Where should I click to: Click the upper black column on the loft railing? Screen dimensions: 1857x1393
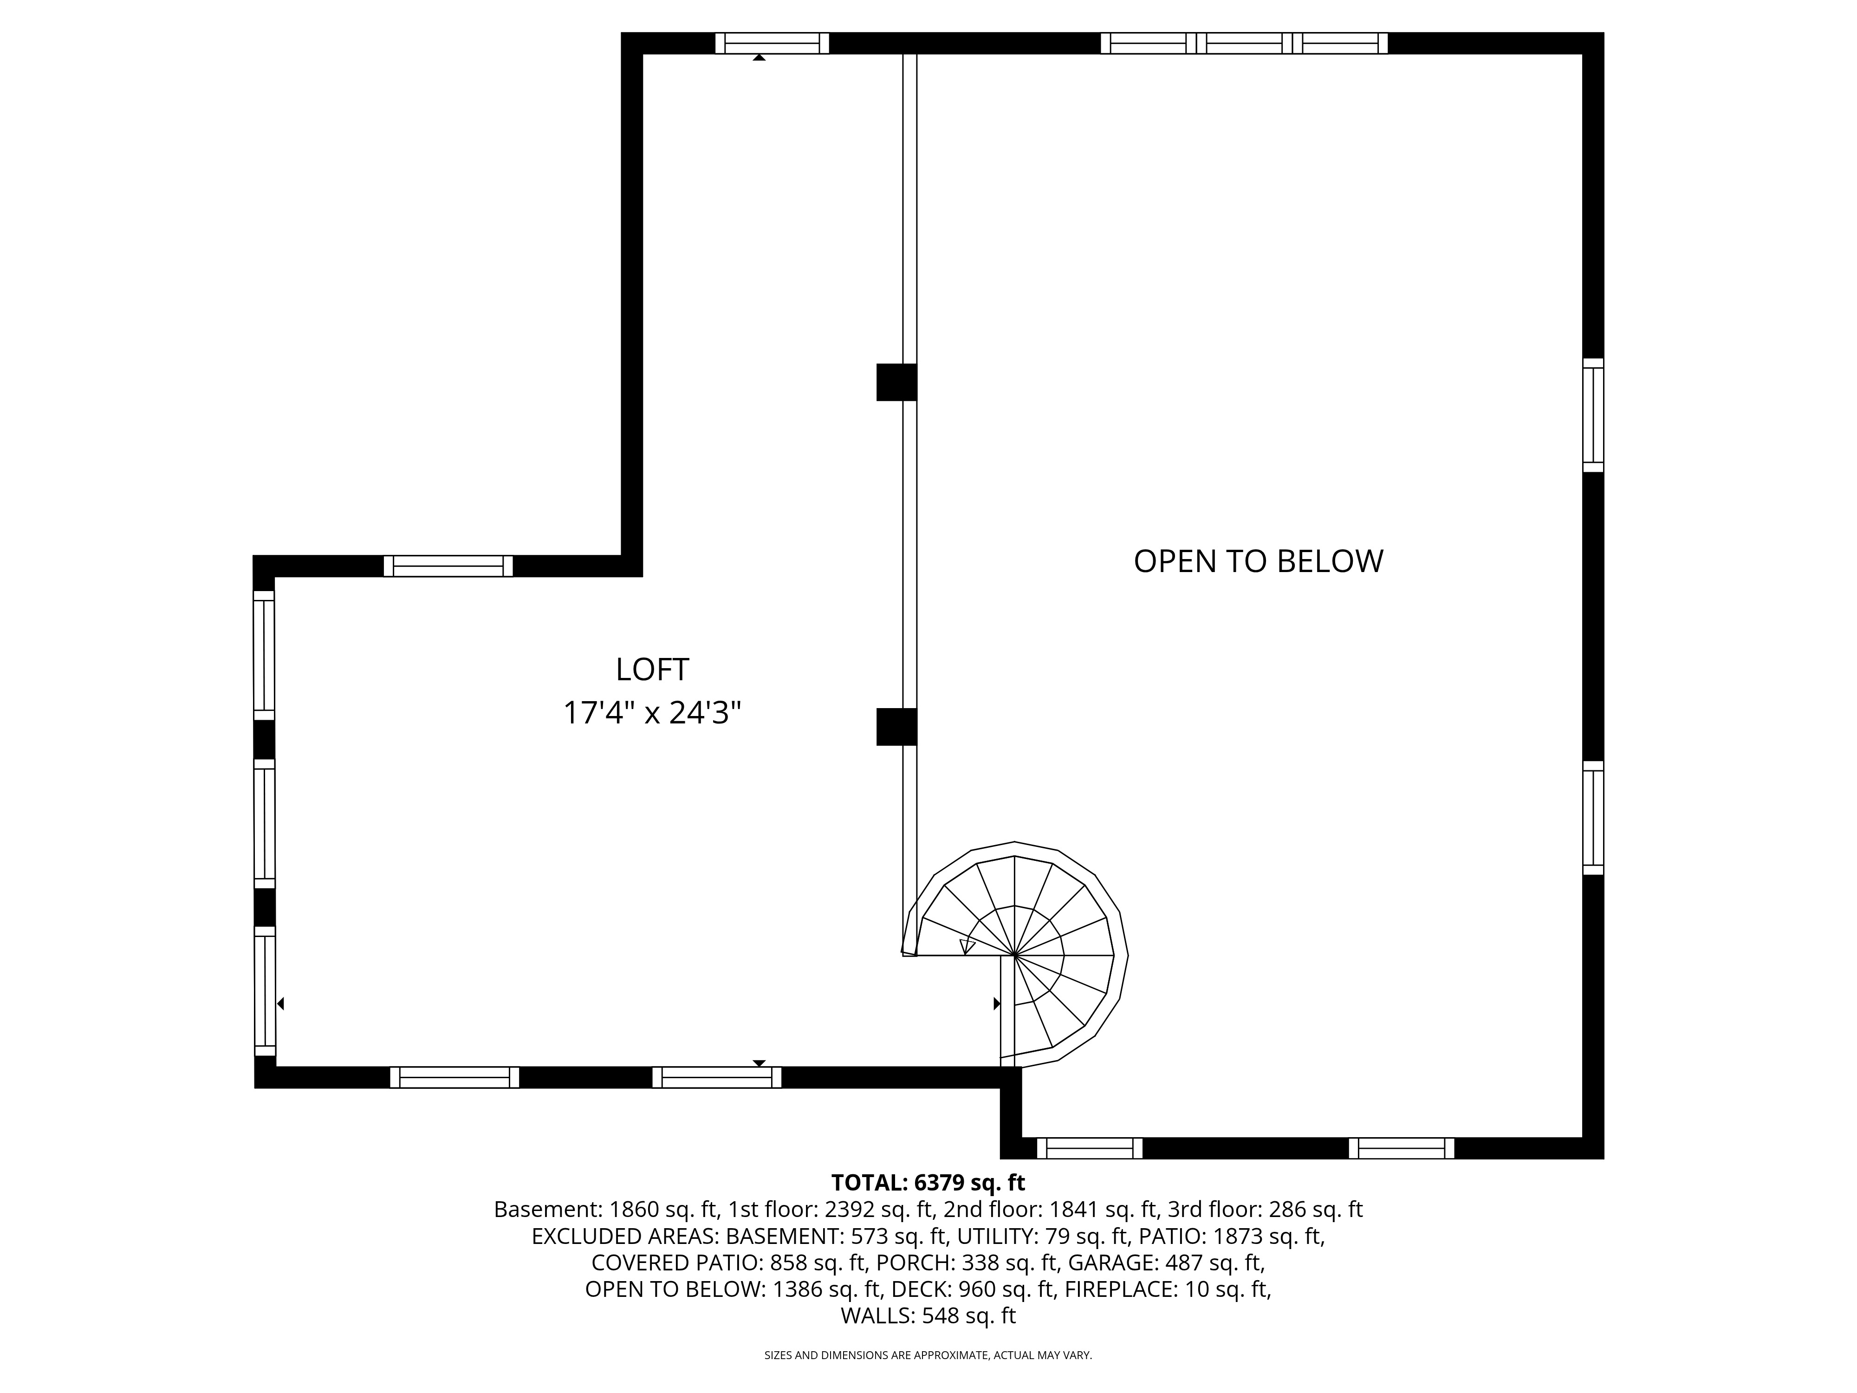896,382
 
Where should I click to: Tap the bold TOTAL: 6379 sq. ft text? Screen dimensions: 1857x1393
928,1183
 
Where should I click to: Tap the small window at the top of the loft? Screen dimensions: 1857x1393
772,43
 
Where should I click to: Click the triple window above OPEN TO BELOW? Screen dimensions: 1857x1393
1244,43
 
